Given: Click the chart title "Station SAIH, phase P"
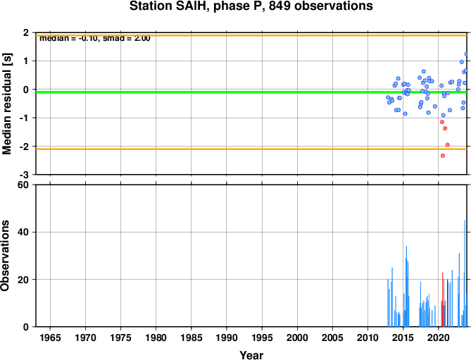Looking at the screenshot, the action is tap(197, 6).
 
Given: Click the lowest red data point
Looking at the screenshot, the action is tap(442, 156).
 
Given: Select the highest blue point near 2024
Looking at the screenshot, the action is tap(466, 54).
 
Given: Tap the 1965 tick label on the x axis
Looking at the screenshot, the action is tap(50, 337).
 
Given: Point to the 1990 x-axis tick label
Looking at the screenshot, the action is tap(227, 337).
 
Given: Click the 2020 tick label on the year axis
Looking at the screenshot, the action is tap(438, 337).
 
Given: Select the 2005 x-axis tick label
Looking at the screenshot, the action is tap(332, 337).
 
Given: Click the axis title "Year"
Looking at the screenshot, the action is tap(251, 355).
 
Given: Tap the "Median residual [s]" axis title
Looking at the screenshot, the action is tap(6, 104).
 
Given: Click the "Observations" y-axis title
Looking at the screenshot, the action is tap(5, 256).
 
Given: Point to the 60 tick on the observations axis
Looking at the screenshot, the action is tap(23, 185).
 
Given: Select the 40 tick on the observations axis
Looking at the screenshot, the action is tap(23, 232).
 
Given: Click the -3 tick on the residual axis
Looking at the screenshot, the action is tap(25, 175).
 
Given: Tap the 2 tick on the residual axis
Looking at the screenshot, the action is tap(26, 32).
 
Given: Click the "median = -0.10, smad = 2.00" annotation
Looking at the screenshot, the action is tap(95, 39).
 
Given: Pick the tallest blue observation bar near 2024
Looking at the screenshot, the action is tap(465, 273).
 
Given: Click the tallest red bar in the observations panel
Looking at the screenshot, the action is tap(442, 299).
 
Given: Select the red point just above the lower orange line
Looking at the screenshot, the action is tap(447, 144).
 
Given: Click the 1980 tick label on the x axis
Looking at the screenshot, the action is tap(156, 337).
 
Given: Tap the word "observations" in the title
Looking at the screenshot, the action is tap(334, 6).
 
